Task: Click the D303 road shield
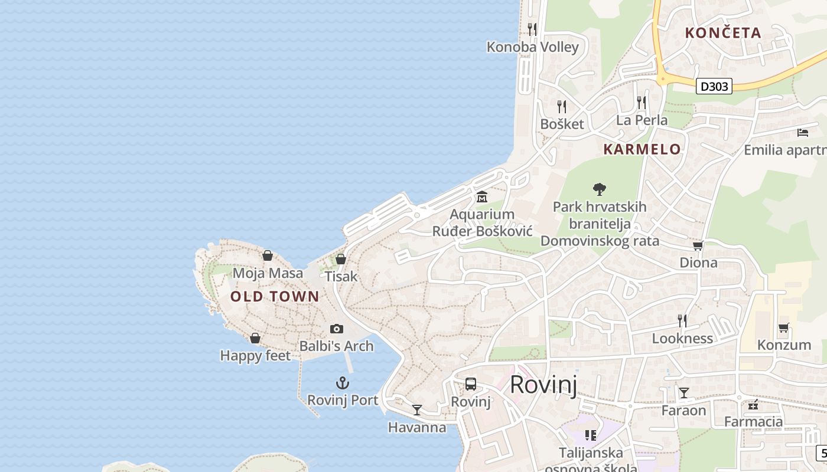tap(714, 86)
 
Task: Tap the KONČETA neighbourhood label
tap(723, 33)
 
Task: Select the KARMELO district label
tap(642, 149)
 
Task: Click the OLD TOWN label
tap(275, 296)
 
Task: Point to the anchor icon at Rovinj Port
tap(343, 383)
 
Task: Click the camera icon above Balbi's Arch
tap(337, 329)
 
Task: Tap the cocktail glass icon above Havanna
tap(417, 410)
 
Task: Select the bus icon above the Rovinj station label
tap(471, 384)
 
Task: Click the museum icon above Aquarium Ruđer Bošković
tap(482, 196)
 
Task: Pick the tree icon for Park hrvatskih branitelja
tap(600, 189)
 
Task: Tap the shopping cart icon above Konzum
tap(784, 327)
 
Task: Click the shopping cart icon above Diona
tap(698, 245)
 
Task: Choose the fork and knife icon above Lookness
tap(682, 320)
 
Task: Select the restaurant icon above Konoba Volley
tap(532, 29)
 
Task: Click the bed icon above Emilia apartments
tap(802, 132)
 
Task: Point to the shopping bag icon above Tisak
tap(341, 259)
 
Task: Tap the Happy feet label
tap(255, 356)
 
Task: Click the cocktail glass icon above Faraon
tap(684, 393)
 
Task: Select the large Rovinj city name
tap(543, 384)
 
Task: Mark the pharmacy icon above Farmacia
tap(753, 405)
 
